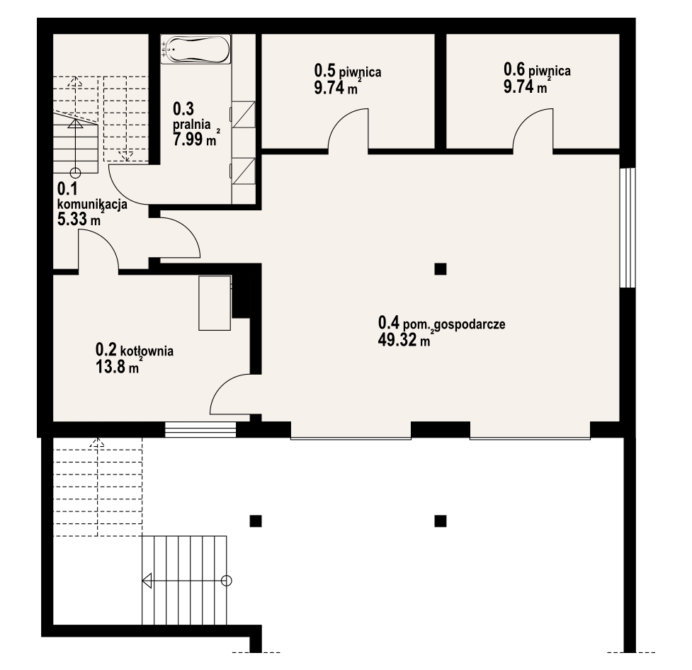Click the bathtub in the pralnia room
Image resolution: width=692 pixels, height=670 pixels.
(x=195, y=49)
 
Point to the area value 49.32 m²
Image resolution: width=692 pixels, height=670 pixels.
(x=404, y=340)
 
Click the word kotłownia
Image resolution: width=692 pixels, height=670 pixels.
(x=147, y=351)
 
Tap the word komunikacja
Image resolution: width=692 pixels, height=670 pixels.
(x=93, y=205)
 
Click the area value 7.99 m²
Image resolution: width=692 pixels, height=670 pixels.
(x=196, y=139)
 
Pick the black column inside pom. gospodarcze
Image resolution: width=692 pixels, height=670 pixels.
(x=440, y=269)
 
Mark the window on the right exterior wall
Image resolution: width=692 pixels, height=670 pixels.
(x=627, y=228)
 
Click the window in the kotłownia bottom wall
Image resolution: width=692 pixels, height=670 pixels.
(x=201, y=429)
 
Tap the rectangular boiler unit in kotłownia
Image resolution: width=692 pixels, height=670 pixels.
(x=215, y=303)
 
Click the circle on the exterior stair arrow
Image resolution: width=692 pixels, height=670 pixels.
(x=227, y=580)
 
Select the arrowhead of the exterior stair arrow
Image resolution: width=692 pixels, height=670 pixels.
(x=147, y=580)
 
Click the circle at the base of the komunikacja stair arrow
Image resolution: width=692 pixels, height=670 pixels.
(x=76, y=173)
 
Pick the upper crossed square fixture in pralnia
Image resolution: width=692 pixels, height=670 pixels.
(x=244, y=115)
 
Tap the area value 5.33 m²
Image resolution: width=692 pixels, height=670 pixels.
(x=79, y=219)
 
